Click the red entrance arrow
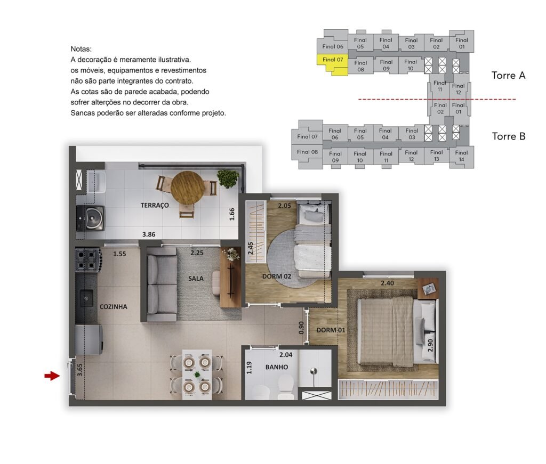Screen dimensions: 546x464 tap(52, 376)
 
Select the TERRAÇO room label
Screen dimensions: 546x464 tap(155, 205)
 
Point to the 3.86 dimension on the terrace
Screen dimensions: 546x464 tap(149, 234)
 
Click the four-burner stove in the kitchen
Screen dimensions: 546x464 tap(87, 260)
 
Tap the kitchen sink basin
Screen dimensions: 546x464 tap(86, 298)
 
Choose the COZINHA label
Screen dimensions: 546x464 tap(114, 307)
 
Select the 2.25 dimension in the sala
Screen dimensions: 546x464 tap(197, 253)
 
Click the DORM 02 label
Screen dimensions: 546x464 tap(277, 276)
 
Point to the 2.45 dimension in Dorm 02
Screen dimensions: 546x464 tap(251, 248)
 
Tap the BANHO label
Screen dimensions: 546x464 tap(277, 367)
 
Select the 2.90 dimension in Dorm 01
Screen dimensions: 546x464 tap(430, 345)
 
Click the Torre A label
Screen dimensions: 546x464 tap(508, 76)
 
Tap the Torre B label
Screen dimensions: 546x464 tap(508, 136)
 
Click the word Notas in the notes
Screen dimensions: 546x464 tap(81, 49)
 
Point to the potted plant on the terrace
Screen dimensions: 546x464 tap(228, 178)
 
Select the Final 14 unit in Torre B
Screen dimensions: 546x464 tap(461, 156)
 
